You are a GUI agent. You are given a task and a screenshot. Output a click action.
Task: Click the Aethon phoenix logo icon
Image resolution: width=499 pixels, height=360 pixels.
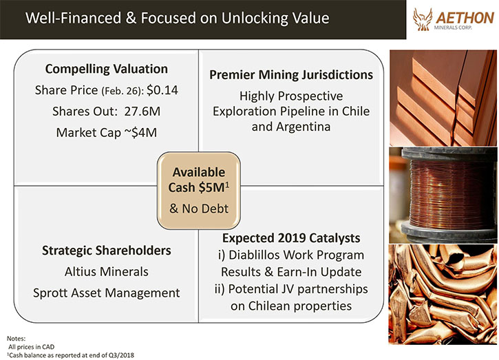(x=423, y=19)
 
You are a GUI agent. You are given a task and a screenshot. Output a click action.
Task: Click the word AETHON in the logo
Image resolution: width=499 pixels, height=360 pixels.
(x=465, y=18)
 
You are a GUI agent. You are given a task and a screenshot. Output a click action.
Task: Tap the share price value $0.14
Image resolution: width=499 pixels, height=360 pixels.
(x=162, y=90)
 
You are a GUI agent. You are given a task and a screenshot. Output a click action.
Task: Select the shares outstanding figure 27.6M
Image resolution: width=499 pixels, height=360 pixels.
(x=142, y=112)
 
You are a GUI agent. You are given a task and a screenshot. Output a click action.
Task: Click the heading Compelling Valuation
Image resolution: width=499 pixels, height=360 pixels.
(x=106, y=69)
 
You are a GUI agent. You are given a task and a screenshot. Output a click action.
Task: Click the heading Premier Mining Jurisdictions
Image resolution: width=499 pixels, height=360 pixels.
(x=291, y=75)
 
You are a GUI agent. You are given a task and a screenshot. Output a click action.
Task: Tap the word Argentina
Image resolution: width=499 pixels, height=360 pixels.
(x=303, y=127)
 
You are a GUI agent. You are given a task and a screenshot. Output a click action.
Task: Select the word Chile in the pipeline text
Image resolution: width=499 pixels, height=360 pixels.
(x=356, y=111)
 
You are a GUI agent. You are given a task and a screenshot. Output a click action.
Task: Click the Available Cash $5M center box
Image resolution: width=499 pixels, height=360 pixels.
(x=199, y=191)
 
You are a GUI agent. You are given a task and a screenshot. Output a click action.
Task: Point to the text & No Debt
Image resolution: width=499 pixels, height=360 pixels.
(x=199, y=209)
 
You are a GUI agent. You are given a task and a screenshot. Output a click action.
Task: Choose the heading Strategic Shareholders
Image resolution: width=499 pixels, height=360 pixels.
(x=106, y=251)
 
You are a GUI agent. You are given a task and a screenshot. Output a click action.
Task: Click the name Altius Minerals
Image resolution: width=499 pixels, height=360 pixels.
(x=106, y=271)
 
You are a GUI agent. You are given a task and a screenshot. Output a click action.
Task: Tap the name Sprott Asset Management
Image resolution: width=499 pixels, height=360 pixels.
(x=106, y=293)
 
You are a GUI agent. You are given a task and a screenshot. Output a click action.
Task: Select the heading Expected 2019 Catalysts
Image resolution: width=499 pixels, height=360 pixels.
(x=291, y=238)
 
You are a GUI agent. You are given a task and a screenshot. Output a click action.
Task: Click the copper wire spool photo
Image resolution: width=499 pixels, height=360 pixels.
(x=443, y=195)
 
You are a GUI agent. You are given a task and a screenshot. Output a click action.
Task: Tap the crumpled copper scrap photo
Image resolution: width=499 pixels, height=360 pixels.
(x=443, y=294)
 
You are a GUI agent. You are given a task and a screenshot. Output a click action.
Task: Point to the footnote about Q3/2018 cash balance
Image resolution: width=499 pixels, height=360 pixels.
(x=70, y=355)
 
